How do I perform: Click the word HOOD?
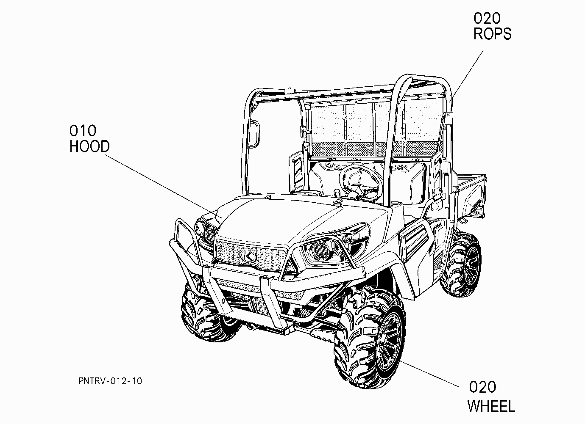pyautogui.click(x=89, y=146)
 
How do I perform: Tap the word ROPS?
pyautogui.click(x=492, y=33)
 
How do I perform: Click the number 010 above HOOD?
pyautogui.click(x=83, y=131)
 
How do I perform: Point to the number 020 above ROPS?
pyautogui.click(x=487, y=18)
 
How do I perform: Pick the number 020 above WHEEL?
pyautogui.click(x=482, y=387)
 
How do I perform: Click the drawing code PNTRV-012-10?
pyautogui.click(x=110, y=381)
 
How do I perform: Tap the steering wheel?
pyautogui.click(x=361, y=184)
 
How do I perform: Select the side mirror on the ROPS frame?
pyautogui.click(x=253, y=134)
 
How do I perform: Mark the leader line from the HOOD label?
pyautogui.click(x=161, y=185)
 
